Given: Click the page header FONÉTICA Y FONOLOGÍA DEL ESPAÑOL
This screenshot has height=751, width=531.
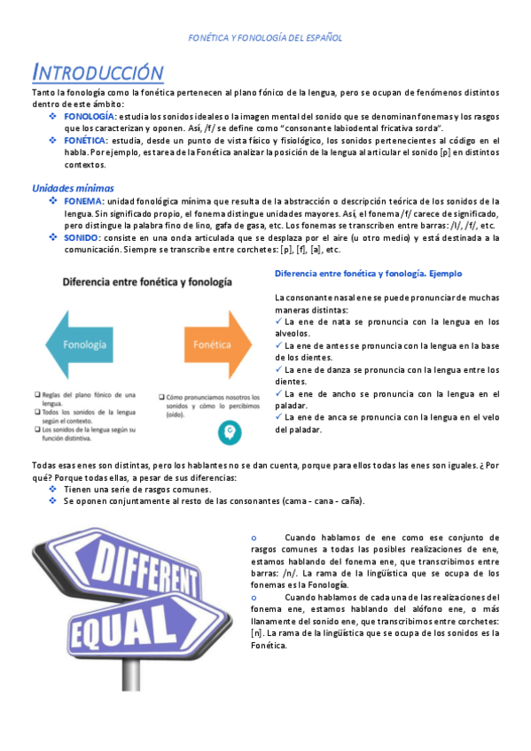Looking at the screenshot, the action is (266, 38).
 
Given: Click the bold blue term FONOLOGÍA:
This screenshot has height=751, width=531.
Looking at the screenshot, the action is (89, 116).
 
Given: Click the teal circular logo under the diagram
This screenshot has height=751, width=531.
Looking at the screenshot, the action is (229, 433).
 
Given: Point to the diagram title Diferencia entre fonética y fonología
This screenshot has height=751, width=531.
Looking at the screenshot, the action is (146, 283).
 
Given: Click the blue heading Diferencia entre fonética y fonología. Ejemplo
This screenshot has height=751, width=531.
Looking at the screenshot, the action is (368, 274).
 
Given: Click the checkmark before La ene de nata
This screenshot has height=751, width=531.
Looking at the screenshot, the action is (279, 321).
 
